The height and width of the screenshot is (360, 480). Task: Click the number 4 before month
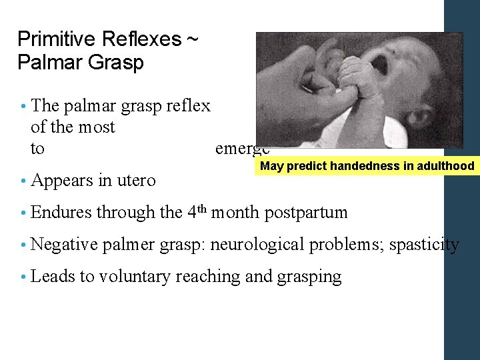191,213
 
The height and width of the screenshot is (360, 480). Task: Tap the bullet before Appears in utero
23,180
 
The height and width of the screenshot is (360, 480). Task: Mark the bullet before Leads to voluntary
23,277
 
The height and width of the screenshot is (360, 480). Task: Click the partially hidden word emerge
242,149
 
